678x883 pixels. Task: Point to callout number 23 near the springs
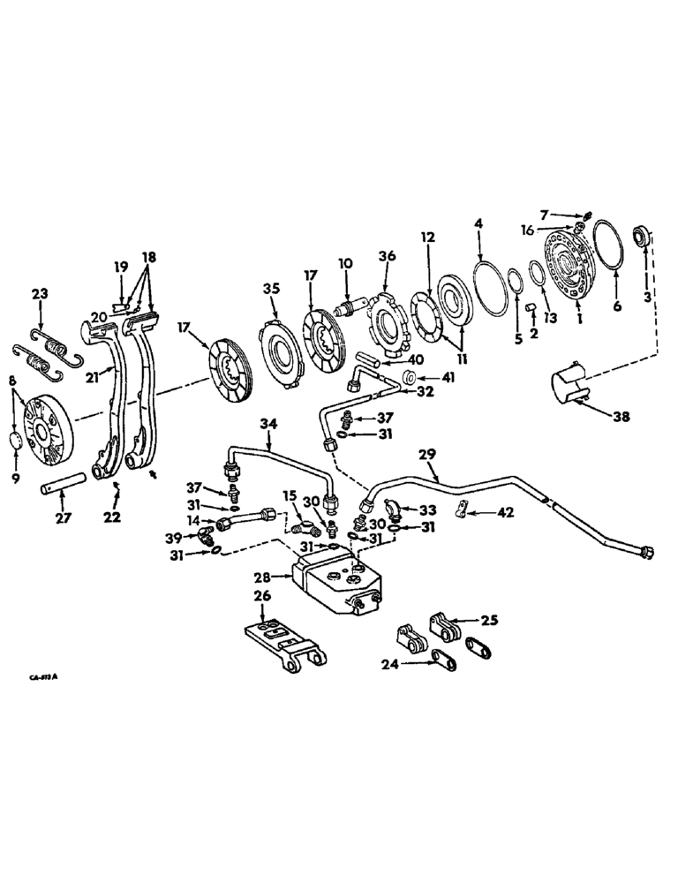click(40, 295)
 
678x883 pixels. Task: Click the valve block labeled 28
click(341, 583)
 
